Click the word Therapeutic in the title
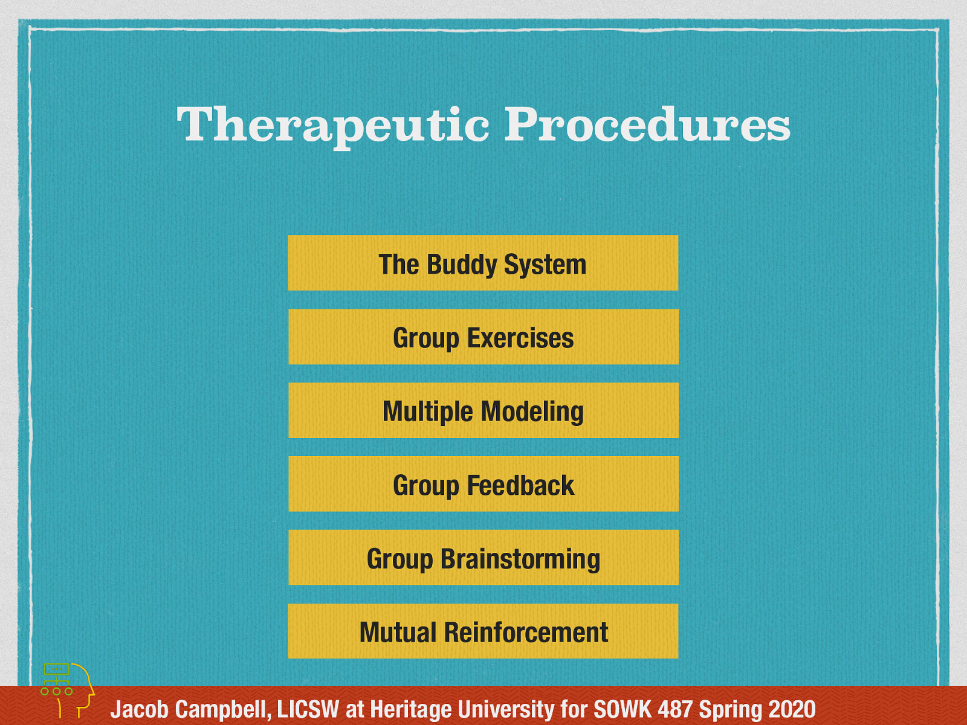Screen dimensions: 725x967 coord(333,124)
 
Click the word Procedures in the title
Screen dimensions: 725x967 coord(647,124)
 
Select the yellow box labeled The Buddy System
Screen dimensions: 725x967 coord(483,263)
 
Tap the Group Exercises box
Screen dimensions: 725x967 coord(483,337)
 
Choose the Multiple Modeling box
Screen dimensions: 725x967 coord(483,411)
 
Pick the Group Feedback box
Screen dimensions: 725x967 coord(483,485)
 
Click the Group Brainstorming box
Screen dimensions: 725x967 coord(483,558)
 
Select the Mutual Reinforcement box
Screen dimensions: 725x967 coord(483,631)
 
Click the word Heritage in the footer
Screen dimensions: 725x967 coord(410,709)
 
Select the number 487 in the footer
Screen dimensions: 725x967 coord(675,709)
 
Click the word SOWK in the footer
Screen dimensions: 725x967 coord(622,709)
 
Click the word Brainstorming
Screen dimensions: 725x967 coord(520,559)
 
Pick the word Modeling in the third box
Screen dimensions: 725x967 coord(532,412)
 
